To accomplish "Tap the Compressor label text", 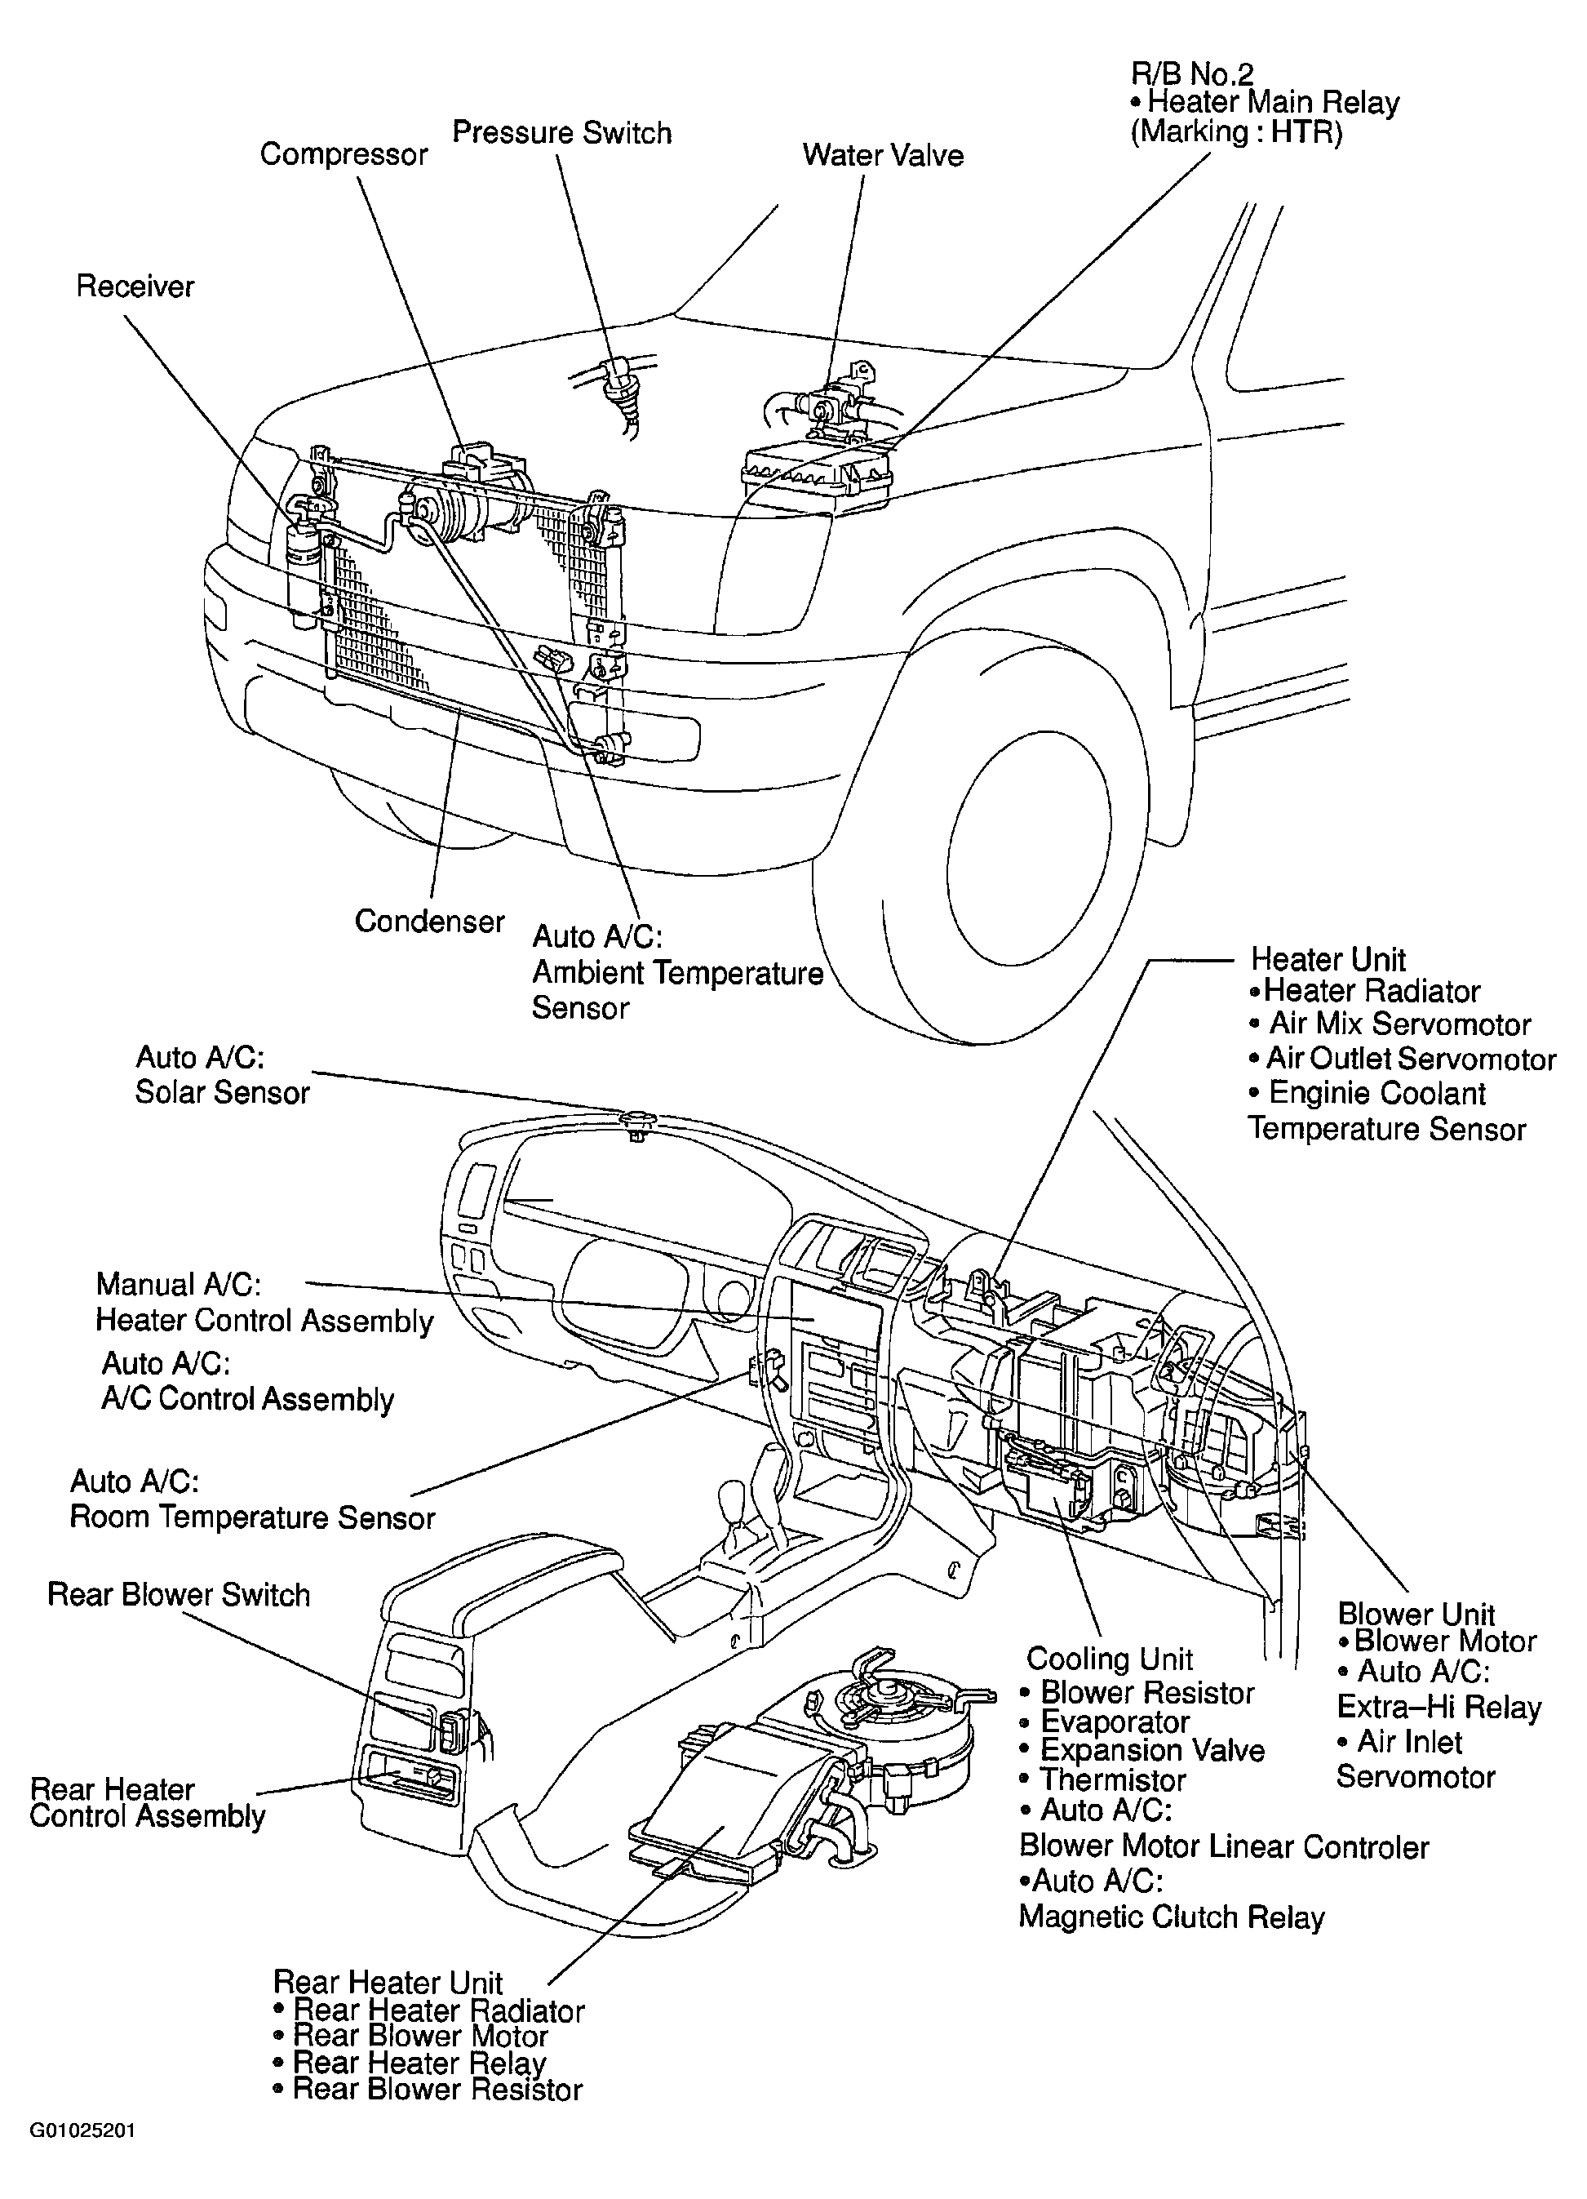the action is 344,155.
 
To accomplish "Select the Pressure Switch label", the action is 562,133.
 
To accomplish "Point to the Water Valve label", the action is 883,155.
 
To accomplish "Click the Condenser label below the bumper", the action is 429,921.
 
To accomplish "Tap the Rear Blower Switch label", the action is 180,1595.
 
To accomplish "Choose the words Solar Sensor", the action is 222,1093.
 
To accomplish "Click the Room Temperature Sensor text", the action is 252,1517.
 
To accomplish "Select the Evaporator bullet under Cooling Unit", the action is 1105,1722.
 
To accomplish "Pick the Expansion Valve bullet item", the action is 1142,1751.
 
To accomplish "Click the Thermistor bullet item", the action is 1103,1781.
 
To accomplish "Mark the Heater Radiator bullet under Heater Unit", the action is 1364,991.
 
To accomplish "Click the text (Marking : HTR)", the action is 1237,132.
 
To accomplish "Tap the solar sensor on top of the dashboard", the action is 637,1123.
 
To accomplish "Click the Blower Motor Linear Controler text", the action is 1225,1847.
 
